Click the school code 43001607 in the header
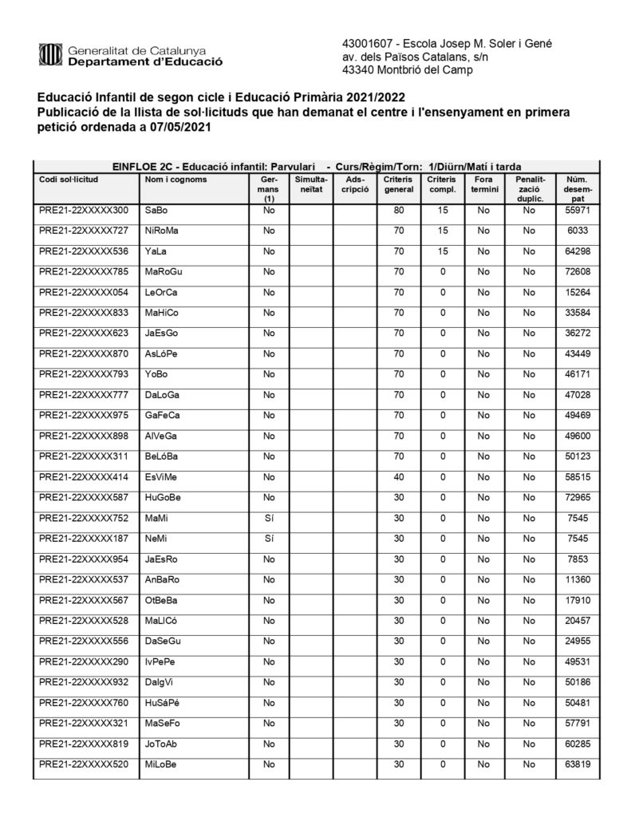coord(366,43)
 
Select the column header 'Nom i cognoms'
coord(175,180)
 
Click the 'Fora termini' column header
coord(483,184)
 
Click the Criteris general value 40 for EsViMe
coord(399,476)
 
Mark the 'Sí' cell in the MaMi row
coord(269,518)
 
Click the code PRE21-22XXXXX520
coord(83,764)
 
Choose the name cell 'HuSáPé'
coord(163,703)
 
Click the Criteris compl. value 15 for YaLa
coord(441,251)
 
